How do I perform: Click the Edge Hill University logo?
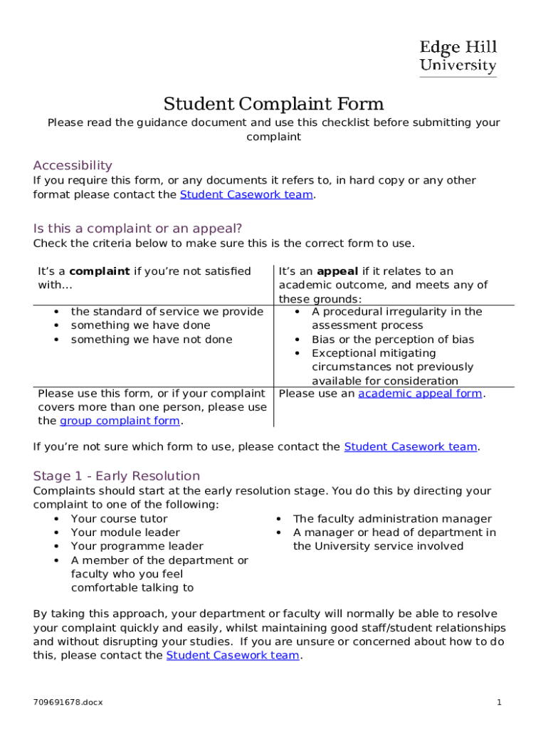click(458, 57)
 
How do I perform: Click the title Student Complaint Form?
click(273, 104)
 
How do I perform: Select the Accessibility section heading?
click(73, 165)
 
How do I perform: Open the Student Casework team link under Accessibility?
click(246, 194)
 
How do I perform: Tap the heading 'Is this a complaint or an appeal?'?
click(138, 229)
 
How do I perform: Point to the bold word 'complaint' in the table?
click(99, 271)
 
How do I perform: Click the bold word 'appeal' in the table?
click(337, 271)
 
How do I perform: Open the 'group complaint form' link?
click(120, 421)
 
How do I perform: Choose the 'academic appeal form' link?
click(420, 394)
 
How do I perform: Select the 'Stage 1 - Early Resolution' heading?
click(117, 476)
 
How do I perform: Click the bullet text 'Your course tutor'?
click(119, 519)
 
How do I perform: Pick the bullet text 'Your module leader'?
click(125, 533)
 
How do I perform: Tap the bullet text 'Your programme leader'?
click(137, 546)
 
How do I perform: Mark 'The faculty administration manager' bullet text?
click(392, 519)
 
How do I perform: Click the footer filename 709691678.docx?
click(68, 703)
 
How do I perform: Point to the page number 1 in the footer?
click(500, 703)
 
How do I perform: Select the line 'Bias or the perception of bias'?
click(393, 340)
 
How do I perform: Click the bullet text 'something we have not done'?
click(152, 340)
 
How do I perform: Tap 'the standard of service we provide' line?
click(167, 312)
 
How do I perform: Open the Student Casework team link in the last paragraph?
click(233, 655)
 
